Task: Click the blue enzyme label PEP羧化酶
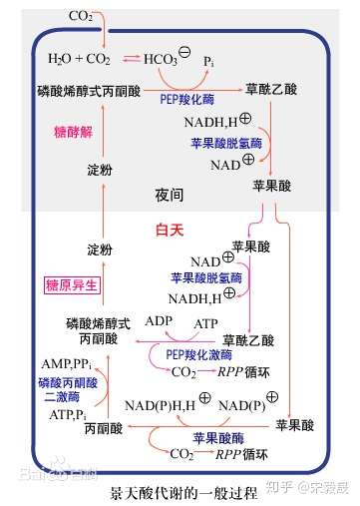point(186,100)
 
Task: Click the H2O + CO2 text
point(72,59)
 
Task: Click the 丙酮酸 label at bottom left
point(103,429)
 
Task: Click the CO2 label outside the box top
point(82,16)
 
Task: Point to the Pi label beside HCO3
point(207,61)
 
